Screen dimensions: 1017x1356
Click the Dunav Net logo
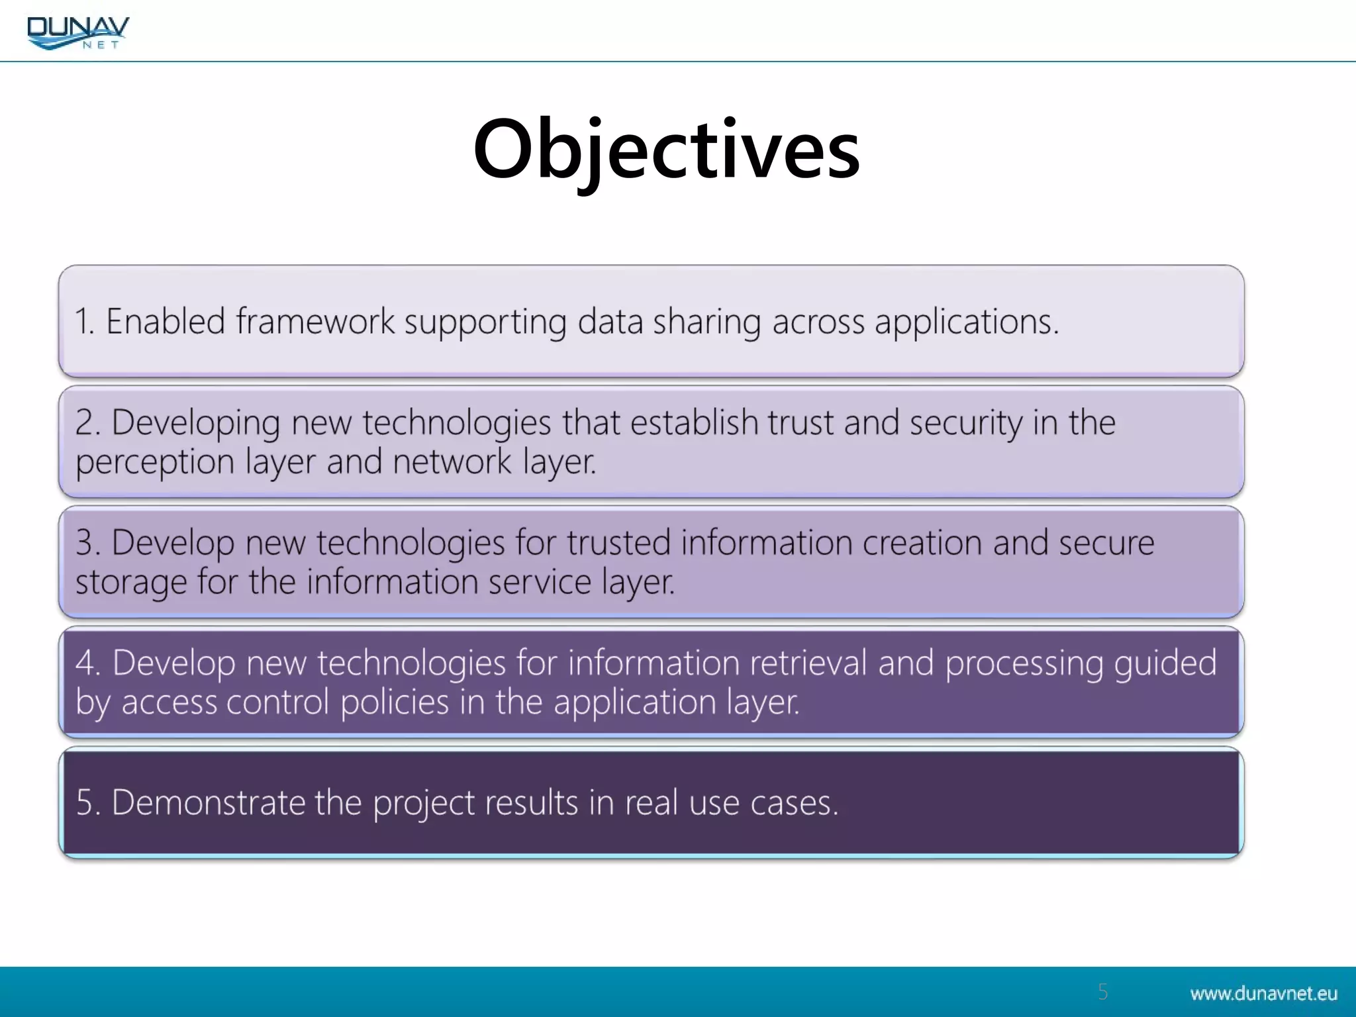[78, 32]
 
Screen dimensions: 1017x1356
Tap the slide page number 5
[1102, 991]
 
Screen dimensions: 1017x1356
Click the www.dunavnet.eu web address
[1263, 993]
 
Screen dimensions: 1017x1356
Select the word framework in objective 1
[315, 322]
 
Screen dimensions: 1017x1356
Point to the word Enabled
[166, 322]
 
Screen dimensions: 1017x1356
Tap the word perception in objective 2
[154, 462]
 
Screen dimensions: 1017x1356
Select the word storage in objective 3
[130, 583]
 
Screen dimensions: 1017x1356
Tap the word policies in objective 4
[395, 702]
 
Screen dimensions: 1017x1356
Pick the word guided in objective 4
[1165, 664]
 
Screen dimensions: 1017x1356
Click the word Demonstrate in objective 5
[207, 802]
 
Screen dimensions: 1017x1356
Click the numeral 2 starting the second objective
[84, 422]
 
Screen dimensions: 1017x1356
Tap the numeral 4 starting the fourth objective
[85, 663]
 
